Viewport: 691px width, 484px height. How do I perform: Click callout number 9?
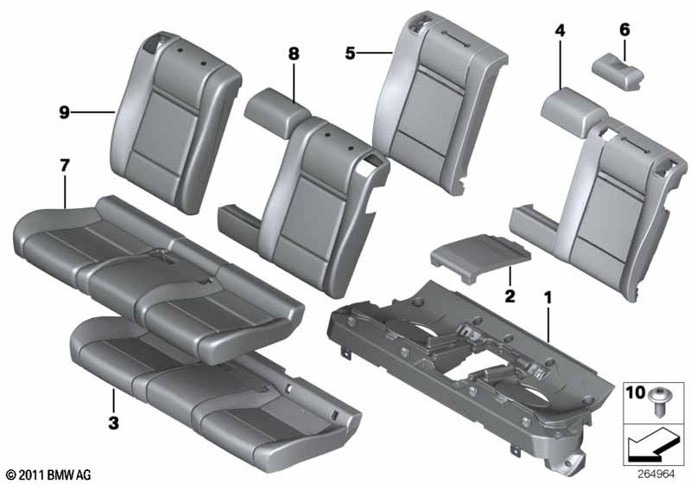point(64,112)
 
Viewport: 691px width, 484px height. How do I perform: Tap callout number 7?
point(65,166)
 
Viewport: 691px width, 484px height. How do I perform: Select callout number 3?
point(113,423)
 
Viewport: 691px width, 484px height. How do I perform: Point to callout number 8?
point(294,54)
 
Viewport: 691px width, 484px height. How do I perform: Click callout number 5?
point(350,54)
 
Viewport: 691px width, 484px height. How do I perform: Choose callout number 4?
point(560,30)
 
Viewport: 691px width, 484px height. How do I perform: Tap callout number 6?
point(624,29)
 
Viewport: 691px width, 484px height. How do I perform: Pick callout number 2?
point(510,296)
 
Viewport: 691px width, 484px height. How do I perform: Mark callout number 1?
point(548,298)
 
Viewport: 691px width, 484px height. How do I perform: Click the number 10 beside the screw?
point(636,392)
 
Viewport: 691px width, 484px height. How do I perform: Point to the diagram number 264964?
point(656,474)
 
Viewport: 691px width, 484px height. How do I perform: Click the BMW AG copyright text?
point(49,474)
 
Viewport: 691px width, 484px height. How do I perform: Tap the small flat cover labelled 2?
point(480,257)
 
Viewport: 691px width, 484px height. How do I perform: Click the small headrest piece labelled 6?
point(618,72)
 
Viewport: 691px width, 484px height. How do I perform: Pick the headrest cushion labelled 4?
point(572,111)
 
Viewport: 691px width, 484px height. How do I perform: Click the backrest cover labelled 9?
point(176,123)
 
